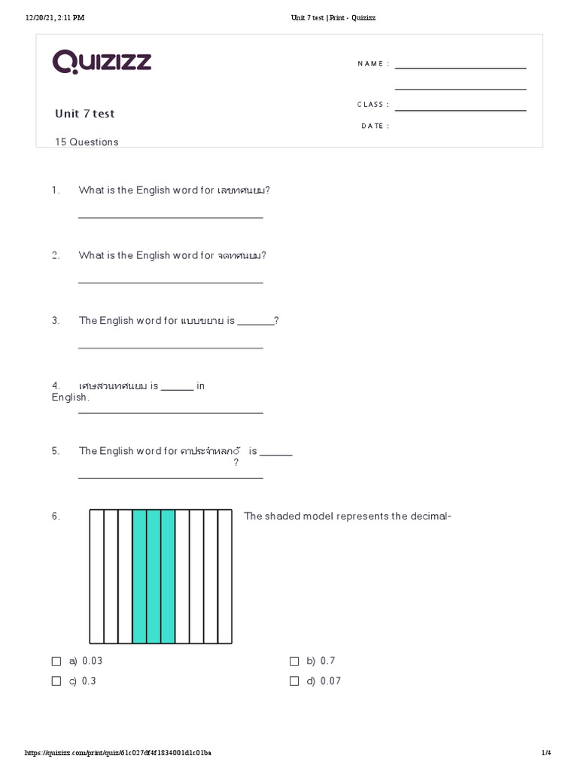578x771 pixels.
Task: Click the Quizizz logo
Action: [x=102, y=62]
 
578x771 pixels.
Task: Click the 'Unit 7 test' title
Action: [x=85, y=114]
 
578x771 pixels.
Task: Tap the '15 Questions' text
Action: [x=87, y=142]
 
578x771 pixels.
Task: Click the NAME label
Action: [x=373, y=64]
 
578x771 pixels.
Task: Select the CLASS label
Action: [x=373, y=105]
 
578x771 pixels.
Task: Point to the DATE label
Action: [x=376, y=126]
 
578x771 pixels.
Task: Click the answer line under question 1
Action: [x=171, y=218]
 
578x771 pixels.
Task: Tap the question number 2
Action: [x=56, y=256]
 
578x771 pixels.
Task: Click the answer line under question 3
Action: [x=171, y=348]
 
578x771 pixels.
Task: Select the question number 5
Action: [x=56, y=451]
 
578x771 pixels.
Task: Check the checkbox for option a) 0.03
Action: [x=56, y=661]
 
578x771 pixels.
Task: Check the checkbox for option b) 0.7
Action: [x=294, y=661]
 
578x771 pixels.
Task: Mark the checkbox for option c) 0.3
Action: [x=56, y=681]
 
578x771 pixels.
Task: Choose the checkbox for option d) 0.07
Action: [x=294, y=681]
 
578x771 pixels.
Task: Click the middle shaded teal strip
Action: [x=154, y=577]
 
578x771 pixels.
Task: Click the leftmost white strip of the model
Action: [x=96, y=577]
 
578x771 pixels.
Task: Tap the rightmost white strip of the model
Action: [x=225, y=577]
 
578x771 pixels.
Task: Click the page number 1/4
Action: [x=546, y=753]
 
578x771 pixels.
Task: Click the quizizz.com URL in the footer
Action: [x=118, y=753]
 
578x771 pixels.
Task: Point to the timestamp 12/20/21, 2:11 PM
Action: [x=55, y=18]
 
